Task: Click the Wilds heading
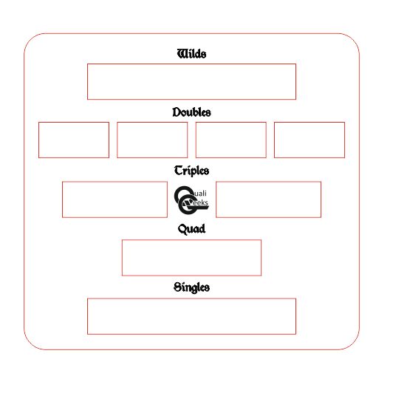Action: click(191, 54)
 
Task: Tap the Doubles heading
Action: click(191, 112)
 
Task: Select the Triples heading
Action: click(191, 171)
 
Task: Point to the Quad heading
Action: click(191, 229)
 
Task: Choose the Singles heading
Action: click(191, 287)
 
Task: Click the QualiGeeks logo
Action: click(191, 200)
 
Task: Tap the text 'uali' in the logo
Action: click(200, 194)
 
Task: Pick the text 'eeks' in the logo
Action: click(200, 202)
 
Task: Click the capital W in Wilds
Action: click(182, 54)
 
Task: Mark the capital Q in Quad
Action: click(182, 230)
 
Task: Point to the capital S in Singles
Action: click(177, 287)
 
